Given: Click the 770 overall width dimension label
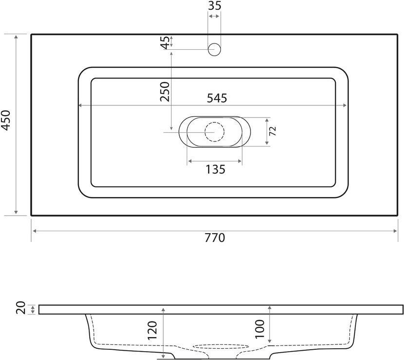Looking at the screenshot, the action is point(215,238).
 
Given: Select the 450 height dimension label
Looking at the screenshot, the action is point(6,120).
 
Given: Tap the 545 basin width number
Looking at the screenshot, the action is point(217,98).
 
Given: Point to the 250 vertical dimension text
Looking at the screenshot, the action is point(165,92).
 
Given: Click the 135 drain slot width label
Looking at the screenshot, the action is point(215,169).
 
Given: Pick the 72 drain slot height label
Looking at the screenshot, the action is point(272,131).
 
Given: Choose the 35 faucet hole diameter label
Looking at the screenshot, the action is point(214,6).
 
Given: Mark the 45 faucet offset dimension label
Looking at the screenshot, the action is point(165,42).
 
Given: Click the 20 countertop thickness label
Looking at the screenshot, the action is point(21,308).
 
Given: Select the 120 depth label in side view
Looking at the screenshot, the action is point(152,330).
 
